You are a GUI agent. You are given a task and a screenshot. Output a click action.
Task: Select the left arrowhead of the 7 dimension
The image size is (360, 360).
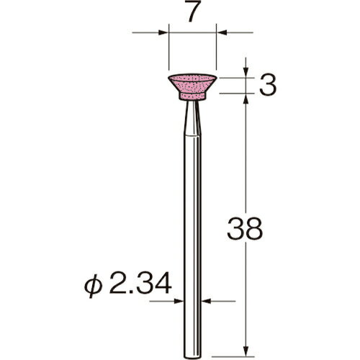click(163, 33)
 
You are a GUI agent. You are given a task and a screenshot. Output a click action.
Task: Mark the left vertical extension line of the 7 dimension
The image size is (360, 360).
click(167, 50)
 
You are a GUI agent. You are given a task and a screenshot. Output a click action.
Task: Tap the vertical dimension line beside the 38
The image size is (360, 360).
click(247, 180)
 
